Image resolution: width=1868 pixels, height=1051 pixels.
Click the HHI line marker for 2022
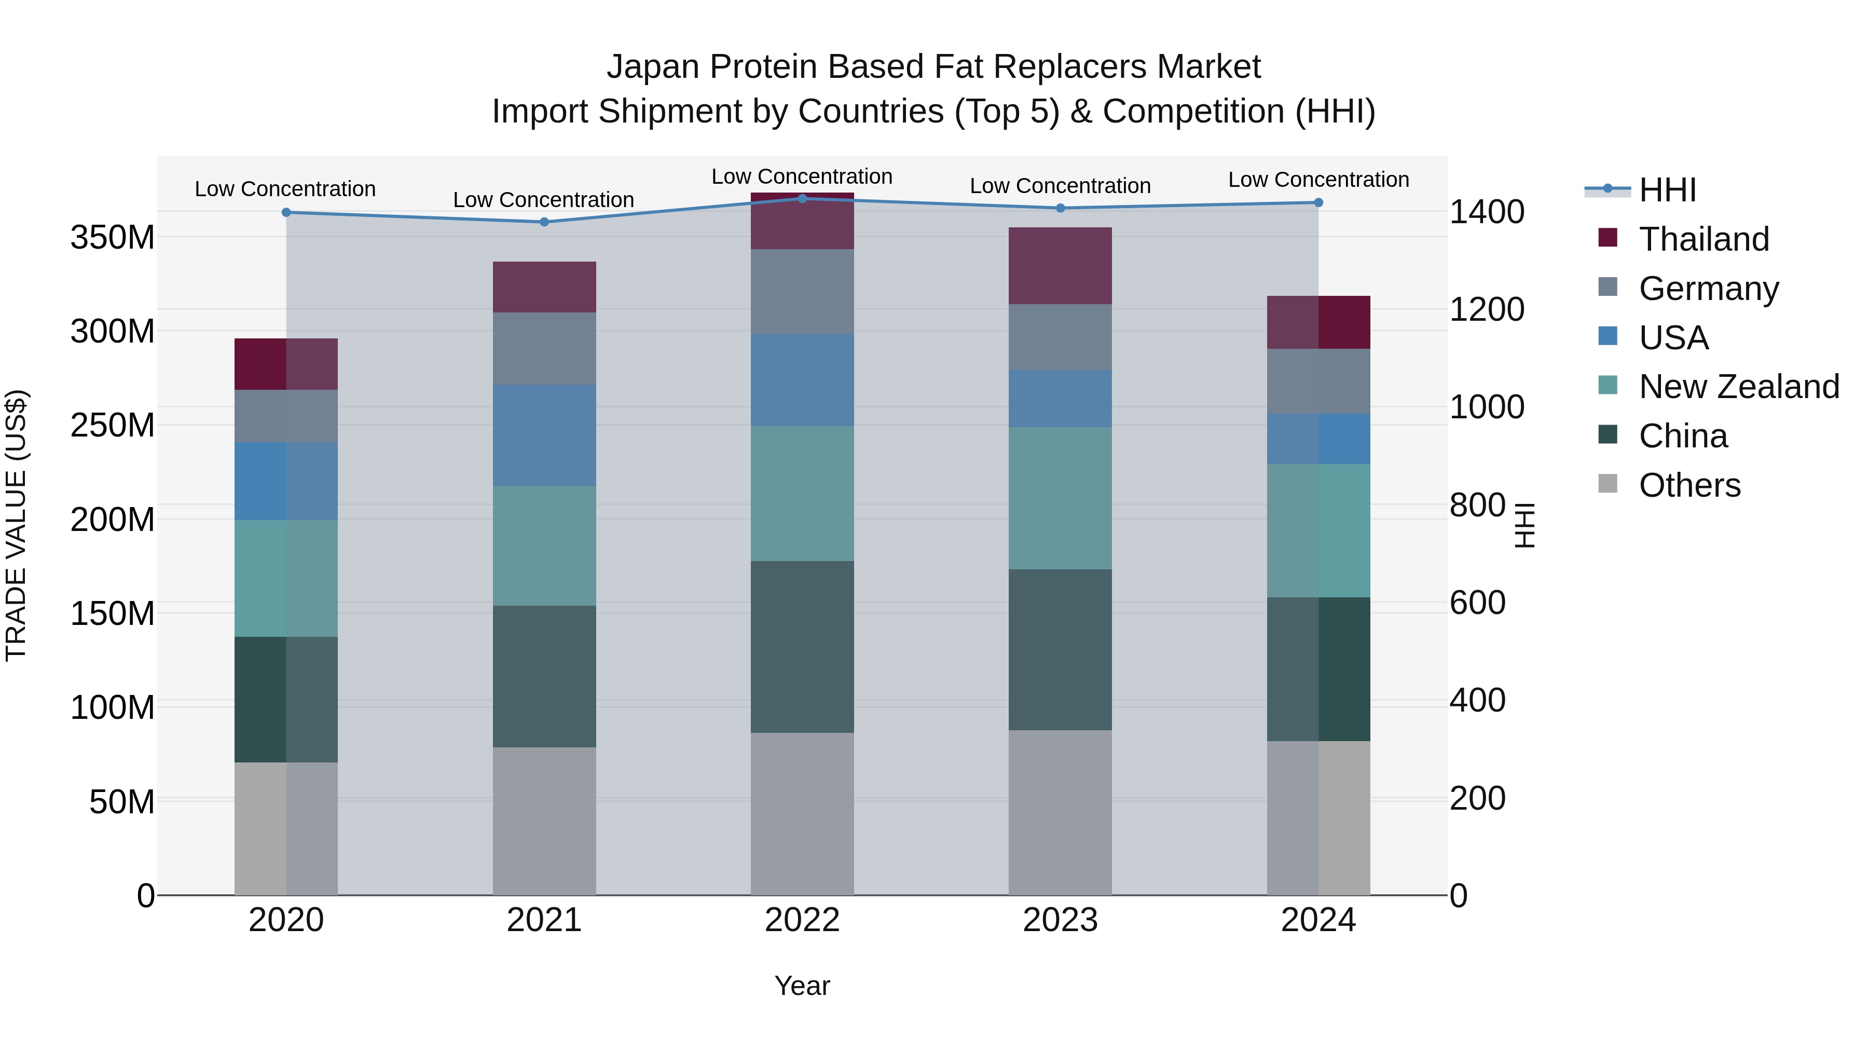(x=802, y=198)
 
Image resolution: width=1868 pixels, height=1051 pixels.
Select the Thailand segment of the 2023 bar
(x=1060, y=265)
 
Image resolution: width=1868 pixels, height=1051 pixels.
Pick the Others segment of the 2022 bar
(x=802, y=813)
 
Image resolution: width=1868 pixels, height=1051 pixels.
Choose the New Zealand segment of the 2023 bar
(x=1060, y=498)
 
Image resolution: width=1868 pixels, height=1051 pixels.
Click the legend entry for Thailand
(x=1704, y=239)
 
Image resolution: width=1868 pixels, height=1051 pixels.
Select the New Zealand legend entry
(x=1738, y=387)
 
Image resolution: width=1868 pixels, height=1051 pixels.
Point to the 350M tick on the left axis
(x=113, y=237)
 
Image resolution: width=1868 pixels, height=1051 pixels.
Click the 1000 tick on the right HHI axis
(x=1487, y=407)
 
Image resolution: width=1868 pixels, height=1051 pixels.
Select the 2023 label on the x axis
(x=1060, y=920)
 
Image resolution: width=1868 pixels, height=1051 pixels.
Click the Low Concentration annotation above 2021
(x=544, y=199)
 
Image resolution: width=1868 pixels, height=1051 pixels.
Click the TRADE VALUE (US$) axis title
(x=16, y=525)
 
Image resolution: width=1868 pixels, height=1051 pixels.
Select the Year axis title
(x=802, y=986)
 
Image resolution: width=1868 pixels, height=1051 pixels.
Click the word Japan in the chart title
(x=653, y=67)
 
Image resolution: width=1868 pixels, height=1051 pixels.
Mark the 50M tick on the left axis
(x=122, y=801)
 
